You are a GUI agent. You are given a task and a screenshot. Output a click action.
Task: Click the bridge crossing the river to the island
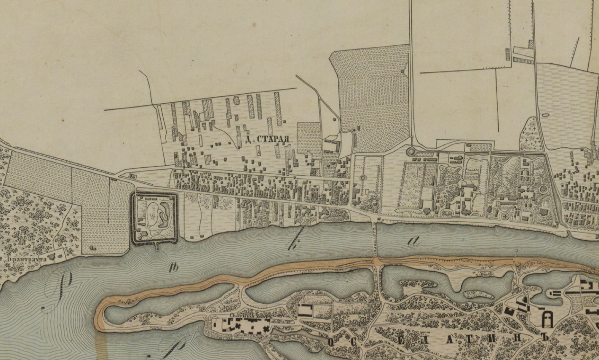click(x=375, y=240)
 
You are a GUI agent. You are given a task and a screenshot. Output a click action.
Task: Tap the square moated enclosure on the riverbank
click(x=154, y=217)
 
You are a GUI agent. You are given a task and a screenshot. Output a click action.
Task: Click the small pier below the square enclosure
click(x=156, y=246)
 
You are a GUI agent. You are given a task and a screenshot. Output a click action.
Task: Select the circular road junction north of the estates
click(x=410, y=151)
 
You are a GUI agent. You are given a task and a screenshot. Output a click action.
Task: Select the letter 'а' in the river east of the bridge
click(x=413, y=241)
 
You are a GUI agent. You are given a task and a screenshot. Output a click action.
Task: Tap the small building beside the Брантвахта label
click(x=60, y=256)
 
